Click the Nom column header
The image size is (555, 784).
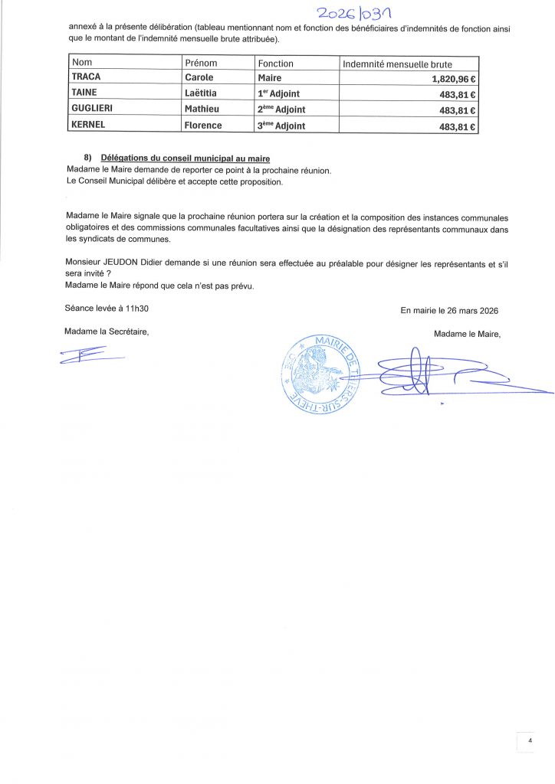tap(81, 64)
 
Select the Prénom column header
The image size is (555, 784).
tap(201, 64)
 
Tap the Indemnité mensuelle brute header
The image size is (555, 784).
tap(397, 64)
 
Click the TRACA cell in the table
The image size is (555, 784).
tap(86, 78)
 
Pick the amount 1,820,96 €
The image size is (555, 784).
tap(448, 79)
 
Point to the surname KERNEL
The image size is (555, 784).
tap(90, 126)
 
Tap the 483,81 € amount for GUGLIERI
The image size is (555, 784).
tap(458, 110)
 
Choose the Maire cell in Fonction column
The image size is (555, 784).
tap(270, 78)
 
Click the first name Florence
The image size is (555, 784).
tap(203, 126)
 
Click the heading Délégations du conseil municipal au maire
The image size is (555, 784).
tap(185, 157)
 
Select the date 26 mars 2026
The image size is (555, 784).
tap(465, 310)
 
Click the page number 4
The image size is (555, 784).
tap(530, 740)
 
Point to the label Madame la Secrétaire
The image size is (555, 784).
tap(107, 332)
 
